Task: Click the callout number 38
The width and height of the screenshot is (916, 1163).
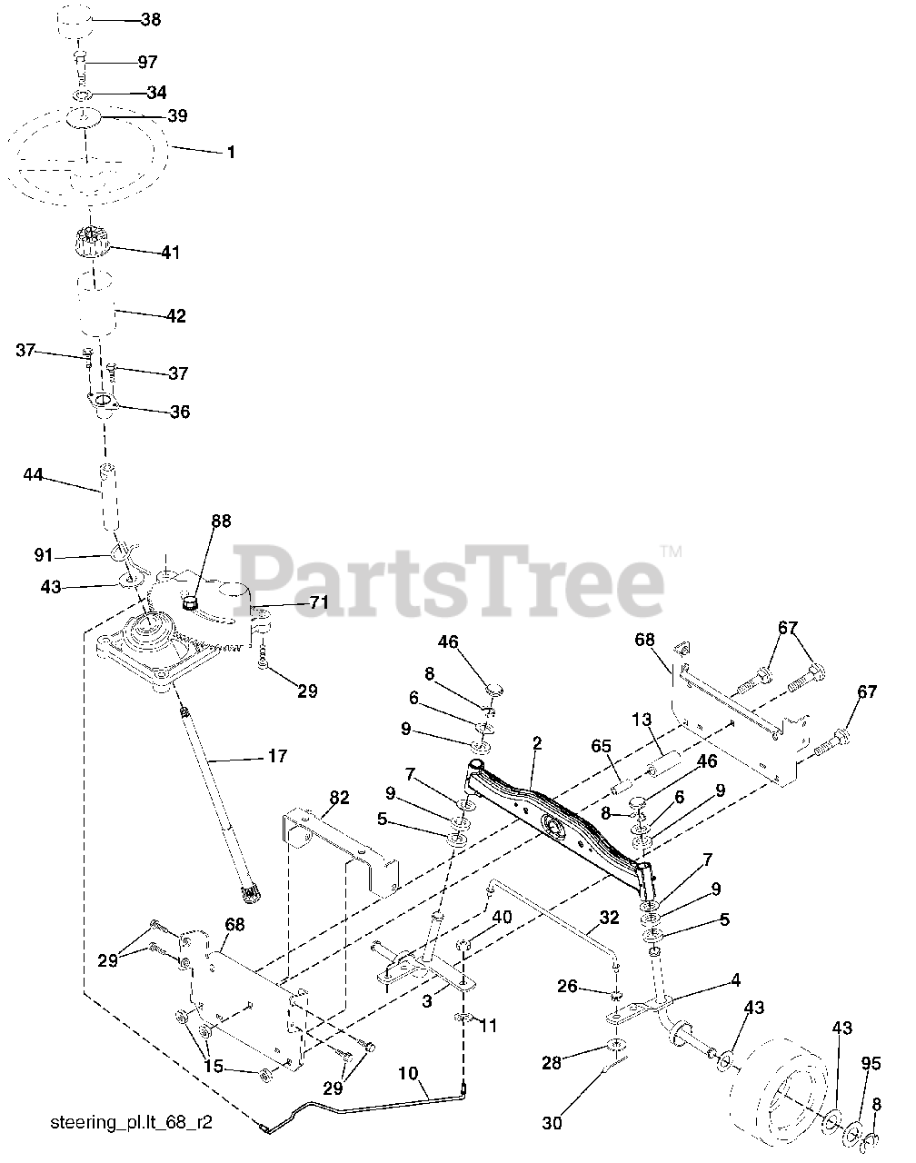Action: click(151, 19)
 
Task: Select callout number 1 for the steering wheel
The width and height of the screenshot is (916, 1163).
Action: click(231, 153)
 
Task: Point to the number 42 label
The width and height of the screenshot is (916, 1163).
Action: click(175, 316)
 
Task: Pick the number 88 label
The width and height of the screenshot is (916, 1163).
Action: click(221, 522)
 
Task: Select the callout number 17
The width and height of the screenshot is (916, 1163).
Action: click(277, 755)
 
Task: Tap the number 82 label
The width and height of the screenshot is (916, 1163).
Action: click(339, 797)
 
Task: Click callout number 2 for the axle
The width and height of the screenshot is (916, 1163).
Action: click(537, 743)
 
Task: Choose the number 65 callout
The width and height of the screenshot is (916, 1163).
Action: click(601, 746)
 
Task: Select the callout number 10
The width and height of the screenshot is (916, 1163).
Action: click(408, 1074)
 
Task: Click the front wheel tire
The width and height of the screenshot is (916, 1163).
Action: click(787, 1082)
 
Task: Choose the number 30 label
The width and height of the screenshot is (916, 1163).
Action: click(552, 1124)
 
